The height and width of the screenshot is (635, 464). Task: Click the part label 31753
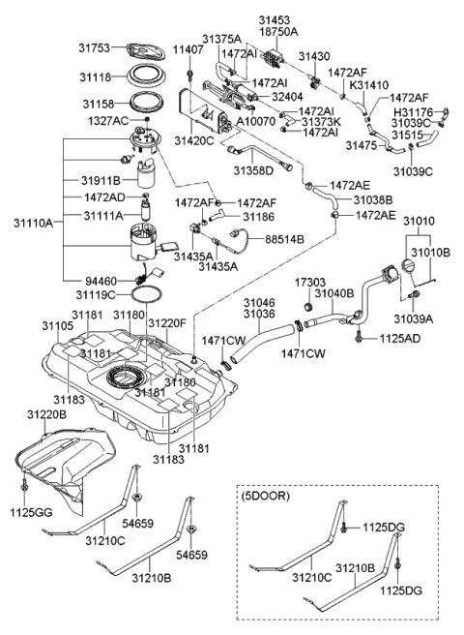coord(94,47)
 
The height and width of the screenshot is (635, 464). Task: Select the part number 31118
coord(95,77)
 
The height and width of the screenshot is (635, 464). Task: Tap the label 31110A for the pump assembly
coord(34,223)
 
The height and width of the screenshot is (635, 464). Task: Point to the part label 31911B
coord(101,180)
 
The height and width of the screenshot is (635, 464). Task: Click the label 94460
coord(101,281)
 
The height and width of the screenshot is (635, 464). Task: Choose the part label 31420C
coord(194,140)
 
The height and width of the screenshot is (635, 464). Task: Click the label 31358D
coord(253,170)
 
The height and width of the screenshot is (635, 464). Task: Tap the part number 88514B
coord(285,239)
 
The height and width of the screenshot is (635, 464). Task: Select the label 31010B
coord(431,253)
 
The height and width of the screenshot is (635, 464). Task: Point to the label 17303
coord(309,283)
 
